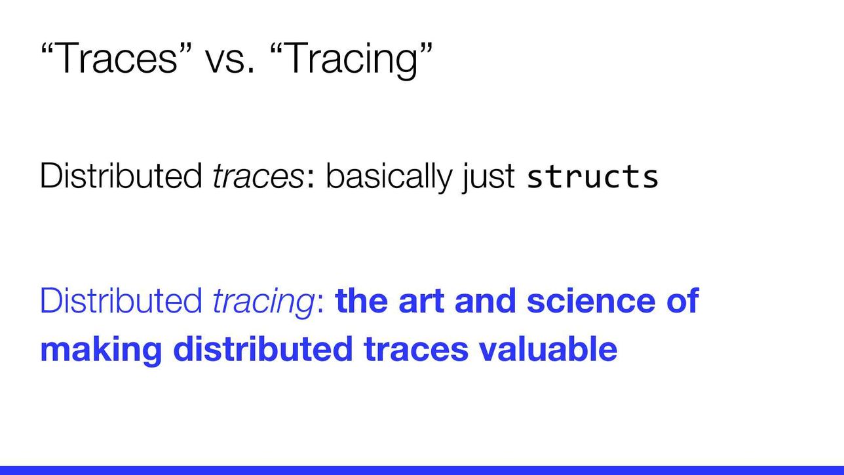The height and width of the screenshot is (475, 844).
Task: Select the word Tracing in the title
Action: click(x=352, y=60)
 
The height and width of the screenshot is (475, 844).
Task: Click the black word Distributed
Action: click(x=121, y=175)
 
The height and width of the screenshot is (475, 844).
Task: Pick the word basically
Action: click(x=389, y=177)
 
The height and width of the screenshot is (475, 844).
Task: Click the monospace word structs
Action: click(x=592, y=177)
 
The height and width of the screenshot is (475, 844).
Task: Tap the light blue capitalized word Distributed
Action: click(x=121, y=300)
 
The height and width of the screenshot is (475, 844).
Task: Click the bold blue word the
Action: click(x=361, y=300)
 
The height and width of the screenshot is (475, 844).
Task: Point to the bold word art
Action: click(x=421, y=301)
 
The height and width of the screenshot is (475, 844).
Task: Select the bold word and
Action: click(x=486, y=300)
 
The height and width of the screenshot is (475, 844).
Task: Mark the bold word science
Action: click(x=591, y=300)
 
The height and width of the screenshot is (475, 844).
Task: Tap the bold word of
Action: click(x=683, y=300)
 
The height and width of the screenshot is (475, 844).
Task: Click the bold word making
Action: click(x=101, y=351)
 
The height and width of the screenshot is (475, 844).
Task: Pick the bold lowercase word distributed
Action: click(x=263, y=349)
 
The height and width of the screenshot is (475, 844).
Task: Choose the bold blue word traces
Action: click(x=416, y=351)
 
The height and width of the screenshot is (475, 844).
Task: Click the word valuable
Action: click(x=548, y=349)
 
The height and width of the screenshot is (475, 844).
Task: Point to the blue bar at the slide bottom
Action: click(x=422, y=470)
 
